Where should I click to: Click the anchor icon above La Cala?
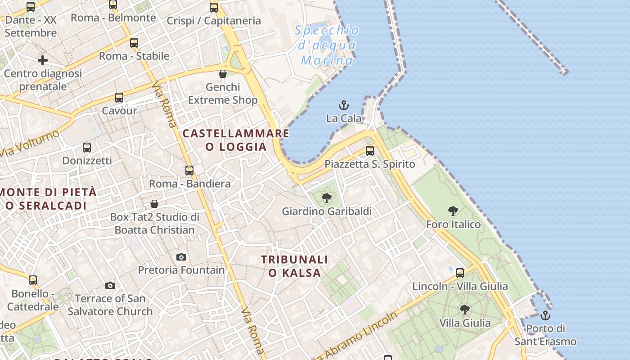[x=344, y=105]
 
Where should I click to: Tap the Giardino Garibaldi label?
[x=327, y=211]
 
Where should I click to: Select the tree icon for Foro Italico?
[x=453, y=211]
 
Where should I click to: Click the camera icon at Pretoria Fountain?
[x=181, y=257]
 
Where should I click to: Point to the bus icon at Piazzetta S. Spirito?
[x=370, y=151]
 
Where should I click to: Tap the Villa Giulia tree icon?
[x=465, y=310]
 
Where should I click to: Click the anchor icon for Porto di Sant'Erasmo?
[x=545, y=315]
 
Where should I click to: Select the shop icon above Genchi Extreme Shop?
[x=223, y=74]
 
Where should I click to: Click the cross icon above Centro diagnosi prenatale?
[x=43, y=60]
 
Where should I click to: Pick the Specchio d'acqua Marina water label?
[x=327, y=45]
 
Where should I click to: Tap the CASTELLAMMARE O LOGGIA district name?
[x=236, y=140]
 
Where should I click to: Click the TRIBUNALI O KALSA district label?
[x=295, y=266]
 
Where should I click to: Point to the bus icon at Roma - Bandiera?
[x=189, y=171]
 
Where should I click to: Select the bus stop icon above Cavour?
[x=119, y=98]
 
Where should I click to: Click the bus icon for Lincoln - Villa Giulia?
[x=460, y=273]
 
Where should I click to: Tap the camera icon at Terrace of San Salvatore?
[x=110, y=285]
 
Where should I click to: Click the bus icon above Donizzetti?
[x=87, y=147]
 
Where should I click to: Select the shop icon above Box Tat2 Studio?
[x=154, y=204]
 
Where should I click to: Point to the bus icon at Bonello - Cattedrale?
[x=33, y=280]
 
